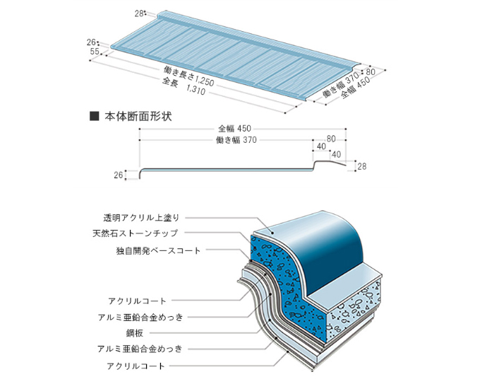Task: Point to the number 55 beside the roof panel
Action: pos(94,52)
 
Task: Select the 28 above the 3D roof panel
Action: pos(138,13)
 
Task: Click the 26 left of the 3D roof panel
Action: pos(92,42)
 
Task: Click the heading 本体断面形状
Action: pos(138,115)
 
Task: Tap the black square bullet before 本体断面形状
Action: pos(93,115)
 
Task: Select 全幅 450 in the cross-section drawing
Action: pos(236,129)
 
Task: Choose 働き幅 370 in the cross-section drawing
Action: pos(236,140)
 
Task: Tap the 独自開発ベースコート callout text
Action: pos(159,250)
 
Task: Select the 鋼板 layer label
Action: pos(174,332)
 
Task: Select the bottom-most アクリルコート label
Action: pos(137,366)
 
